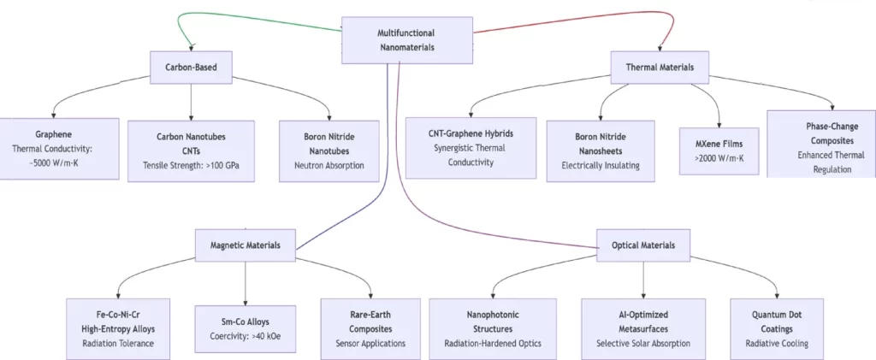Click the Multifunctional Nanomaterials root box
click(x=406, y=40)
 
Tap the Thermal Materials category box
click(x=660, y=66)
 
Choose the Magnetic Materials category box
click(x=246, y=245)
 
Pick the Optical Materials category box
click(x=642, y=245)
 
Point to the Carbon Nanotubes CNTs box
click(x=191, y=150)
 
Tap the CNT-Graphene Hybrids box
click(x=471, y=148)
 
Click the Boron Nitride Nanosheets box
click(x=601, y=150)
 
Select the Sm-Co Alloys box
click(x=246, y=328)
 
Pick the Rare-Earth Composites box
click(x=370, y=328)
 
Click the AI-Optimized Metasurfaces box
click(x=642, y=328)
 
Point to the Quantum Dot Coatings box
click(x=777, y=328)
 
